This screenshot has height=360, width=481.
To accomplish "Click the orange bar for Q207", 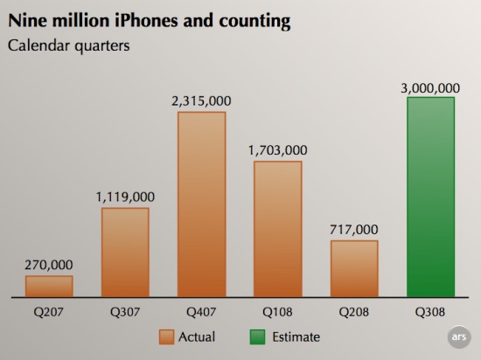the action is [x=49, y=286].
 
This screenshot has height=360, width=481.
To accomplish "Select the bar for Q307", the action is [x=125, y=253].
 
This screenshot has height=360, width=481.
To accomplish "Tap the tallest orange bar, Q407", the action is [x=201, y=204].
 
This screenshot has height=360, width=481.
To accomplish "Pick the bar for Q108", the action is [x=277, y=229].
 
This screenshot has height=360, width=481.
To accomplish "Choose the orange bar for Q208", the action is [x=354, y=269].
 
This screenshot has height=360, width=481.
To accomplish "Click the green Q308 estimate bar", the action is [x=430, y=197].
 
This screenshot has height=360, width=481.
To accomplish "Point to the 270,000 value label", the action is [x=49, y=265].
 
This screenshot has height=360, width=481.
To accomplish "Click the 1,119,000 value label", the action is [x=125, y=197].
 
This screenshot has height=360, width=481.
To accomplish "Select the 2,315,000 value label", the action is [x=201, y=101].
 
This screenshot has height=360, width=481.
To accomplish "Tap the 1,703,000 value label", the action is [x=277, y=150].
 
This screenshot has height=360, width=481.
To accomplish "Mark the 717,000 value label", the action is [x=354, y=230].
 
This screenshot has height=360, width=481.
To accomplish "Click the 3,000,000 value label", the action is [x=430, y=88].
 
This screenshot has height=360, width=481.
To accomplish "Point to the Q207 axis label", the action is [x=48, y=312].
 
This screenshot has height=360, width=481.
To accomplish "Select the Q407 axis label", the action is [x=201, y=312].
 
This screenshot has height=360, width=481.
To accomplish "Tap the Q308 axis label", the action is [x=430, y=312].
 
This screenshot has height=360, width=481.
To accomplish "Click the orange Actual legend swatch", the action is [x=166, y=337].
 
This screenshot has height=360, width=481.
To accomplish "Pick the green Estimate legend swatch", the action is [x=257, y=337].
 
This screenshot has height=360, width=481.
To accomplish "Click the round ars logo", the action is [x=459, y=337].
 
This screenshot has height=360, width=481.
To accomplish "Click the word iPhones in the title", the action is [x=146, y=21].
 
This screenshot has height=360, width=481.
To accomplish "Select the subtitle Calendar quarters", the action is [x=69, y=46].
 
